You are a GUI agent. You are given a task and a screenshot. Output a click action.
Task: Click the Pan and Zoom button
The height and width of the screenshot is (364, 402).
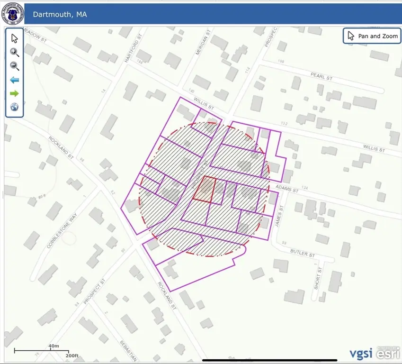pos(372,36)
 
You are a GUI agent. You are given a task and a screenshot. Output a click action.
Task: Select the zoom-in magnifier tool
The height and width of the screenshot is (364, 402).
pos(15,52)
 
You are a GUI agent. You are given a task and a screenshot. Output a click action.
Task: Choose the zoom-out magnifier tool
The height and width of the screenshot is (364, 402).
pos(15,66)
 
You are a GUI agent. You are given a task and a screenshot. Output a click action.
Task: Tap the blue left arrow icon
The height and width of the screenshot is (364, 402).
pos(15,80)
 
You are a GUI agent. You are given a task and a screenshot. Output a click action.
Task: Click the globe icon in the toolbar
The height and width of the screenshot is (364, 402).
pos(15,107)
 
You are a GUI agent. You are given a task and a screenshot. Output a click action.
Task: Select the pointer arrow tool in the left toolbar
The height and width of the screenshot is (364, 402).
pos(15,38)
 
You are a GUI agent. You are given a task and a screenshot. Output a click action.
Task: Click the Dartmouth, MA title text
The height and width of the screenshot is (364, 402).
pos(60,14)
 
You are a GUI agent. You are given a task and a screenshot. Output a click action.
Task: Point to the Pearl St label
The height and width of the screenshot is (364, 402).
pos(322,76)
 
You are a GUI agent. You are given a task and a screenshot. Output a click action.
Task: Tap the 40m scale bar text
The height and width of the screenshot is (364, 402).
pos(54,346)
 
